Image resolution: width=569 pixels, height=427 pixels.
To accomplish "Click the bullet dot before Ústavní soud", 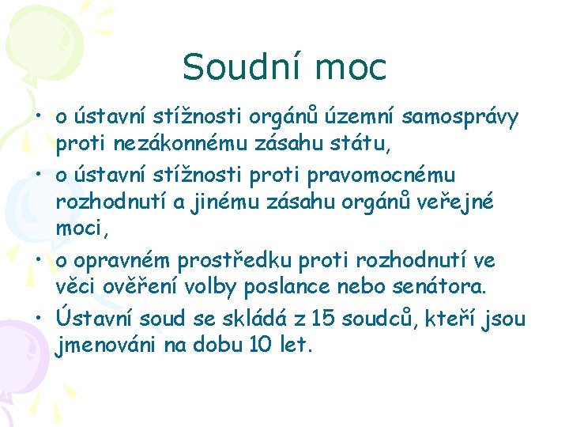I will coord(38,318).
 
